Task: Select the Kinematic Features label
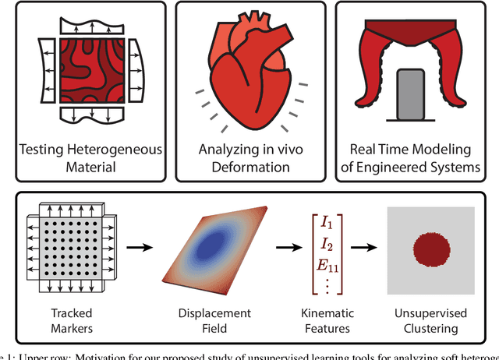pos(327,319)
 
